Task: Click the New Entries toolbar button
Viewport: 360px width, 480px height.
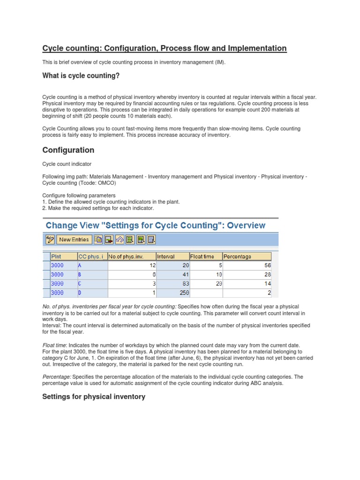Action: tap(74, 240)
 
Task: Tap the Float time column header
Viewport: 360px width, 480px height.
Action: tap(205, 256)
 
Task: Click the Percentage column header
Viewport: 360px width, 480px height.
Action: tap(247, 256)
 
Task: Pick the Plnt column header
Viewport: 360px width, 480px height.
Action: tap(62, 256)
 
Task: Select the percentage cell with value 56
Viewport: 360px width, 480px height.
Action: tap(247, 265)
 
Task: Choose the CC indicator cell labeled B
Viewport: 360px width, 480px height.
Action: tap(92, 274)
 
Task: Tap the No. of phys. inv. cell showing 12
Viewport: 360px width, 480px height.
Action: tap(132, 265)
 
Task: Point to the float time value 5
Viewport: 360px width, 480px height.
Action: tap(205, 265)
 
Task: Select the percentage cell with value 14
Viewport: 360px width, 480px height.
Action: tap(247, 284)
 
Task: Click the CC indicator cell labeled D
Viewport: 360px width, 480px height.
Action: tap(92, 293)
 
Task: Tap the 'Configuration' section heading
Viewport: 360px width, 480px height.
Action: tap(68, 150)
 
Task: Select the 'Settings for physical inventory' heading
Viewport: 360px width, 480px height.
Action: tap(94, 397)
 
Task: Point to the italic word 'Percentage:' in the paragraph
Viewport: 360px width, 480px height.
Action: tap(57, 376)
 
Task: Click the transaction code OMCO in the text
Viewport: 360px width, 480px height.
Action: tap(105, 183)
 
